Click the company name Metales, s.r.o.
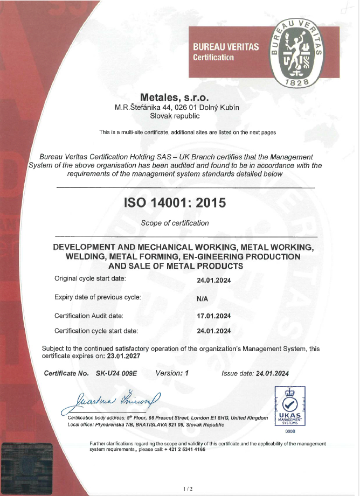point(177,97)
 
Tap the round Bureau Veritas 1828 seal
point(297,51)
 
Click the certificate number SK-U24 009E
point(116,373)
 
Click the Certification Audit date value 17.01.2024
point(214,316)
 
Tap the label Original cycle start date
point(90,278)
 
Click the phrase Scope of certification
point(174,223)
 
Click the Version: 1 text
point(172,373)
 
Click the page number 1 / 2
point(188,488)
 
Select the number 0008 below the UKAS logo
point(290,431)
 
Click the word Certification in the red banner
point(213,57)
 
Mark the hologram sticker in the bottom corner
point(27,466)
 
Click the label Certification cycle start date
point(96,331)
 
